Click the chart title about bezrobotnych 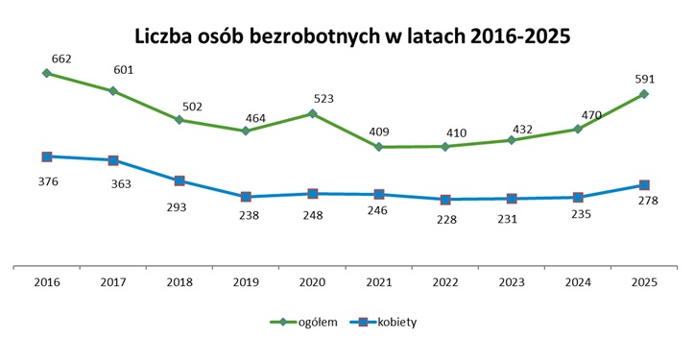[x=347, y=36]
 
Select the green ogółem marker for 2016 [x=46, y=73]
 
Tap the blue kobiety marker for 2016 [x=46, y=156]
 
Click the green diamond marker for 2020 [x=312, y=113]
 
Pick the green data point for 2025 [x=644, y=94]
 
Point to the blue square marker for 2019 [x=246, y=197]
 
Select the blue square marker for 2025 [x=644, y=184]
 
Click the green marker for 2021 [x=378, y=147]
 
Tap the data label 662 [x=63, y=59]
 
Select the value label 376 [x=47, y=180]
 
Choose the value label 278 [x=647, y=202]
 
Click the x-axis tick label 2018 [x=179, y=283]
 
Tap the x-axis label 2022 [x=444, y=283]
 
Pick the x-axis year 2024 [x=578, y=283]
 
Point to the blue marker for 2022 [x=444, y=200]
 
